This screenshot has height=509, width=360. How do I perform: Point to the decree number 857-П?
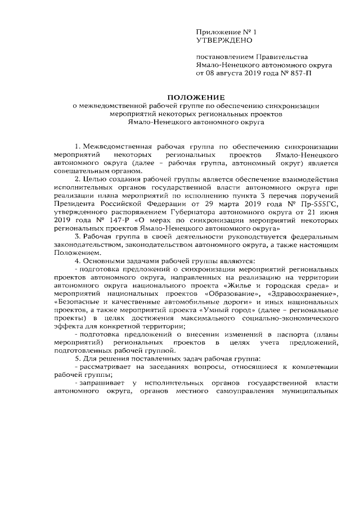(x=299, y=73)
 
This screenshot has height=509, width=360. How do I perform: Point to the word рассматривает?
(x=106, y=367)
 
